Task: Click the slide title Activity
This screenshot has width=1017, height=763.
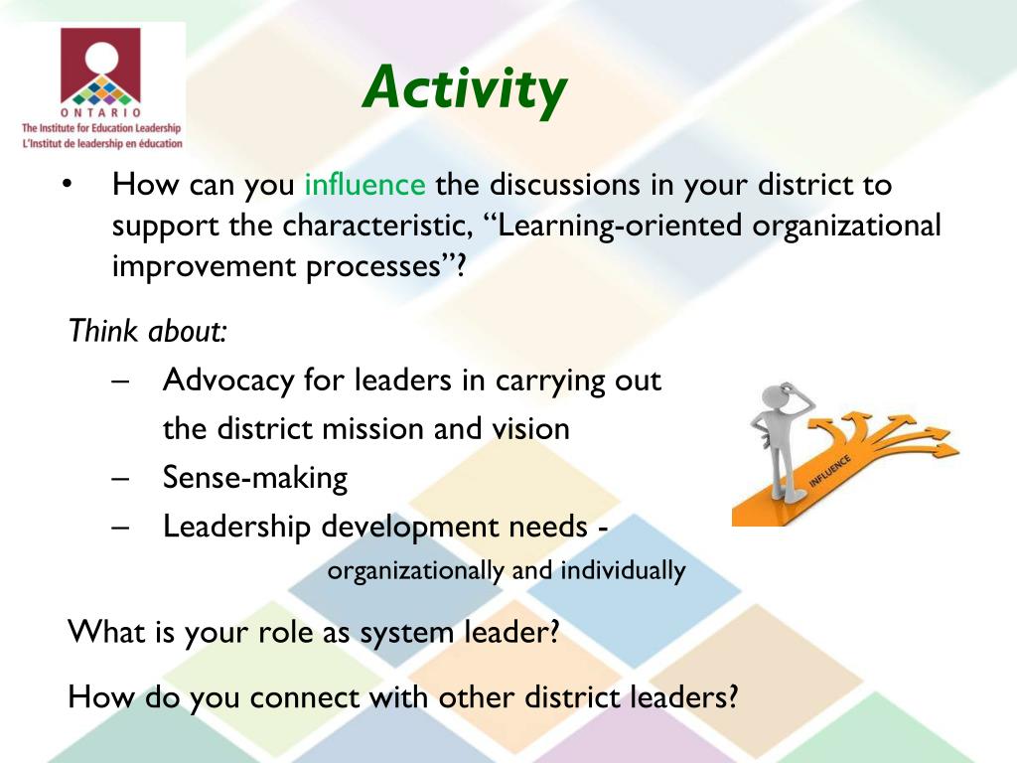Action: coord(465,88)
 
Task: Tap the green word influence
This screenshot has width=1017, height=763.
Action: coord(364,185)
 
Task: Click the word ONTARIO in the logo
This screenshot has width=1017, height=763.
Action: coord(100,113)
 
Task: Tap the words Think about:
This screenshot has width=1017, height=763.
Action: coord(148,331)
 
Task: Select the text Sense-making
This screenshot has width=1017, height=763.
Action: coord(255,478)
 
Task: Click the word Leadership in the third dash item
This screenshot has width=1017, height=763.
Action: coord(236,527)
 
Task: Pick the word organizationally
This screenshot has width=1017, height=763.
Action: coord(416,571)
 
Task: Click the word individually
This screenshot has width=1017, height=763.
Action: coord(623,571)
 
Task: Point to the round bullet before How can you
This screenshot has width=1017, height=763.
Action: coord(68,186)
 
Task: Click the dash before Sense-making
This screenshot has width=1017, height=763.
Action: coord(122,478)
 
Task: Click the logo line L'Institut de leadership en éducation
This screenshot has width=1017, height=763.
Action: coord(102,143)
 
